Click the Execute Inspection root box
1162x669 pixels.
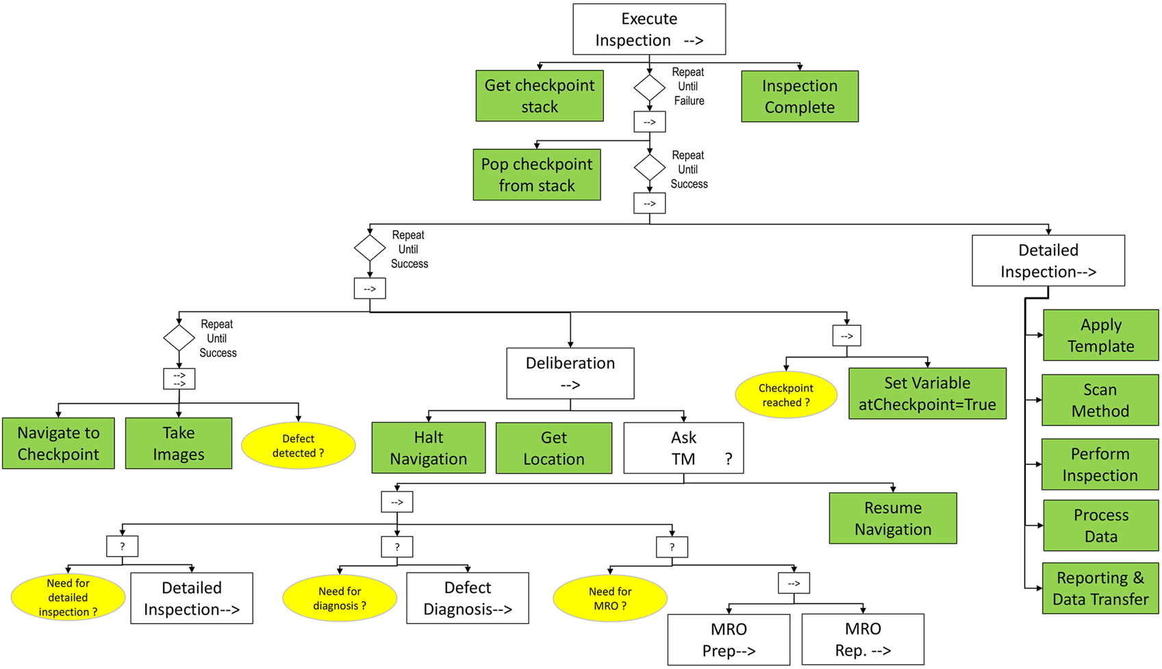[x=648, y=29]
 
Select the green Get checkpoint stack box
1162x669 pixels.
[x=540, y=96]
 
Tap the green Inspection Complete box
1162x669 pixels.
[x=799, y=97]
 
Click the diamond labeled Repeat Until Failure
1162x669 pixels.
[x=649, y=88]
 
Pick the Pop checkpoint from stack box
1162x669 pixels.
[x=536, y=175]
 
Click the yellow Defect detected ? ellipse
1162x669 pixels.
[x=298, y=446]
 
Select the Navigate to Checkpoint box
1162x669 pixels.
[x=58, y=443]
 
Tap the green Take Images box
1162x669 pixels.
[x=178, y=443]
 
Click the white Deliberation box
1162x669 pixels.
[x=570, y=373]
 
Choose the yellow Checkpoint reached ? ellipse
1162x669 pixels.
[x=785, y=395]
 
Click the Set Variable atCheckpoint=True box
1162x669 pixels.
[x=926, y=394]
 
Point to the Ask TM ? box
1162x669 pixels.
[x=683, y=448]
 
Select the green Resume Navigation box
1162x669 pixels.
[x=892, y=518]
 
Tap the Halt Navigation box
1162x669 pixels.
[x=428, y=448]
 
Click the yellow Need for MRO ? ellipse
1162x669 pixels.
[x=609, y=598]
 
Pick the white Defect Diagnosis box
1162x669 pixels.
[x=467, y=598]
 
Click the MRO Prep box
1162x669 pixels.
[x=728, y=640]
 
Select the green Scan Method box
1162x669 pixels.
[x=1100, y=400]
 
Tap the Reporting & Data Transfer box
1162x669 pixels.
[x=1100, y=588]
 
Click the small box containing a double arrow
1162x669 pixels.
[x=179, y=379]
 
